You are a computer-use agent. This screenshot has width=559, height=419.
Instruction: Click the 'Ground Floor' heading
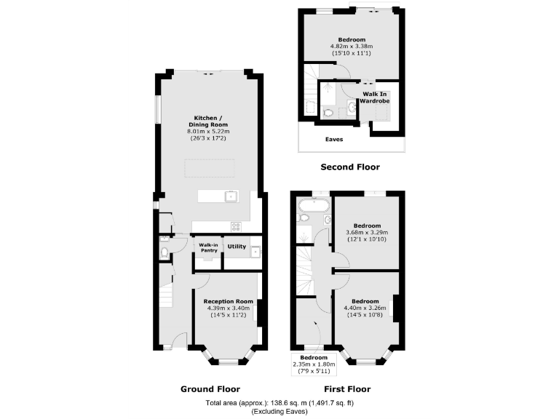[210, 389]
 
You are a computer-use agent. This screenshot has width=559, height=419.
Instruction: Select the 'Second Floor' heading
[350, 167]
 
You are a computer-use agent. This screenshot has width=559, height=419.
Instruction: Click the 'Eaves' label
[334, 139]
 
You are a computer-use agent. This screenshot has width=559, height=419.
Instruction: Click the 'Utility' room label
[237, 247]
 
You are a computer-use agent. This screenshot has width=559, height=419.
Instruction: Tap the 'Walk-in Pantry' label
[210, 248]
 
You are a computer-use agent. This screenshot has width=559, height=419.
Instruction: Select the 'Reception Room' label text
[229, 302]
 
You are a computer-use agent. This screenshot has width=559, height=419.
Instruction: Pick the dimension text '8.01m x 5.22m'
[209, 132]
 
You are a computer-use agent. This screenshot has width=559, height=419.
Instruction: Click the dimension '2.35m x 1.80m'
[310, 365]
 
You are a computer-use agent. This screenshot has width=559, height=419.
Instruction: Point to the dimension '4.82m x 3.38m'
[352, 47]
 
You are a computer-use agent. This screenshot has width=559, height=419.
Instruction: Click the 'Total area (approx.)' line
[279, 403]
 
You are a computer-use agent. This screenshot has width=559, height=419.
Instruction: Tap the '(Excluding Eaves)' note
[279, 412]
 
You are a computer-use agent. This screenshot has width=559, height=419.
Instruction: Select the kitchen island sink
[230, 196]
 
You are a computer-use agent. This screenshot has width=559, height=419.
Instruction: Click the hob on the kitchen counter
[236, 226]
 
